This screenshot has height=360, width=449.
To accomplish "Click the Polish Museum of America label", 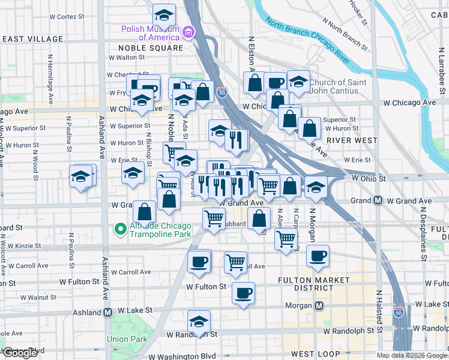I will point(151,32).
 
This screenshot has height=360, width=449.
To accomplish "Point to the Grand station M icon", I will point(378,200).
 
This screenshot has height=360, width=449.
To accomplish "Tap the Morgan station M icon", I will point(320,305).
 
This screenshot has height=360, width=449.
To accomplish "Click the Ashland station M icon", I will point(108,312).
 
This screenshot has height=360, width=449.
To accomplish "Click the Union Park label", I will point(127,339).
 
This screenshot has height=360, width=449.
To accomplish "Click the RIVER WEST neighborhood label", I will point(352,140).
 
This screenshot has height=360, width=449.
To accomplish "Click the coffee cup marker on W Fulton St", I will point(243,294).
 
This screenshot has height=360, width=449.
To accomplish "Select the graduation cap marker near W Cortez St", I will point(164,15).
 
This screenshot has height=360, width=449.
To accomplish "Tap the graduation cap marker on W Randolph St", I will point(199,322).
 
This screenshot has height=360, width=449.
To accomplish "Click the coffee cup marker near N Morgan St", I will point(318,256).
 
